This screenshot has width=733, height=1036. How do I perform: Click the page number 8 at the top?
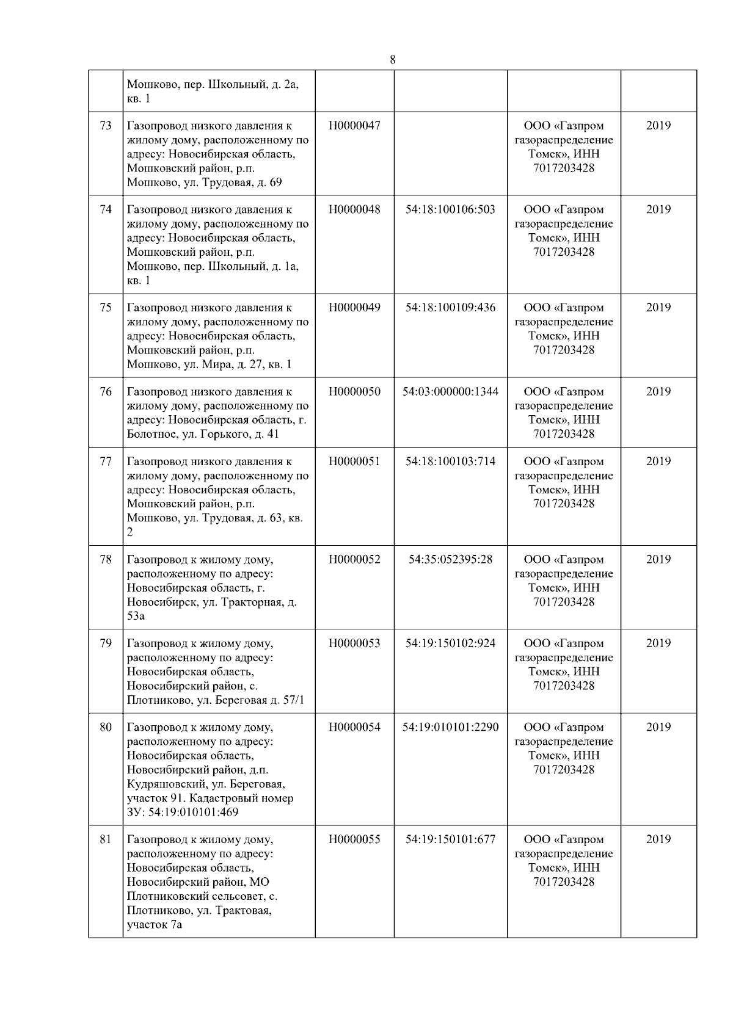(x=392, y=60)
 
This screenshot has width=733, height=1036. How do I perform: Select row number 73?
(x=106, y=126)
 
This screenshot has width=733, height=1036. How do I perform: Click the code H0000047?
(x=354, y=126)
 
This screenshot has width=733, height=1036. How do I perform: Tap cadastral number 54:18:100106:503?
(x=450, y=209)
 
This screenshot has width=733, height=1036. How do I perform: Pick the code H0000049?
(x=354, y=308)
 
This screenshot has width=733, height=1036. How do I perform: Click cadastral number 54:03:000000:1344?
(x=450, y=392)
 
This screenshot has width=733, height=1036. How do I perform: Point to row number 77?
(x=106, y=462)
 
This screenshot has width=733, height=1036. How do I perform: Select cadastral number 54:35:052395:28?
(x=450, y=560)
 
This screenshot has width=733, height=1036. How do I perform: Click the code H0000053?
(x=354, y=643)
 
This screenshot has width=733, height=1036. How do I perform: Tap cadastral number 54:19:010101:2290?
(x=450, y=727)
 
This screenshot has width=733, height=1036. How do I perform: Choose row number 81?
(x=106, y=839)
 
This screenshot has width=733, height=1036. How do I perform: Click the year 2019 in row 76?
(x=658, y=392)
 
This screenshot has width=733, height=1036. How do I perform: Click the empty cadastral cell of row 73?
(x=450, y=153)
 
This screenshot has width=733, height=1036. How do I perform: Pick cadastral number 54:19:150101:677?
(x=450, y=839)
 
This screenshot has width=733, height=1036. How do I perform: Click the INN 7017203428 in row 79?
(x=563, y=686)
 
